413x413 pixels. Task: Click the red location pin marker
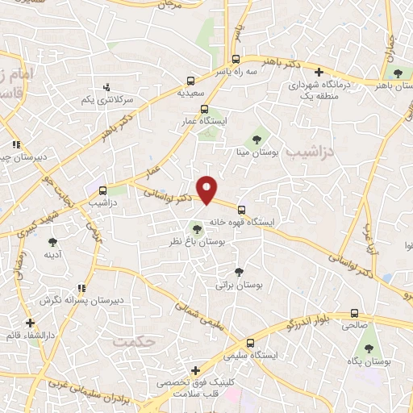pos(207,189)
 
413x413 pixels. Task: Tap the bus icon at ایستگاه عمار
pos(204,109)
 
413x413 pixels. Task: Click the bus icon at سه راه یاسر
pos(236,59)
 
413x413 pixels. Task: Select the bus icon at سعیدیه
pos(190,81)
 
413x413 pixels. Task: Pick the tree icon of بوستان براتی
pos(238,272)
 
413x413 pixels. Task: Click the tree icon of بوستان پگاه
pos(369,349)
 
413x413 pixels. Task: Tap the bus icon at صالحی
pos(354,314)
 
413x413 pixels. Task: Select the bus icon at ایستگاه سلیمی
pos(250,343)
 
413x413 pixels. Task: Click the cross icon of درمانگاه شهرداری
pos(319,72)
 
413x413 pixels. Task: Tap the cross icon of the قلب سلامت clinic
pos(194,370)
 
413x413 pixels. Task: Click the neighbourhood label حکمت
pos(133,342)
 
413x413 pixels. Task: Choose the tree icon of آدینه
pos(53,241)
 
